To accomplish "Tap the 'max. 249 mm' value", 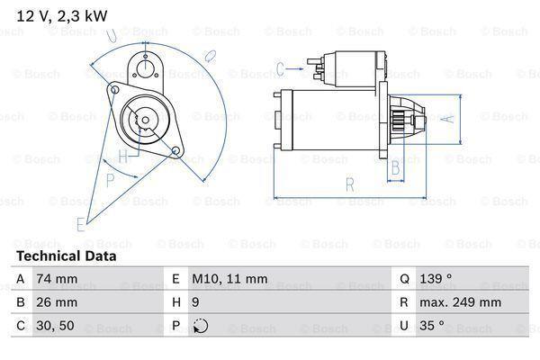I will click(x=460, y=302).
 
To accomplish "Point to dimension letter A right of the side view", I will click(x=450, y=118).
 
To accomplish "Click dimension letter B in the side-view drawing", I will click(x=393, y=170).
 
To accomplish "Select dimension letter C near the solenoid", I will click(x=281, y=67).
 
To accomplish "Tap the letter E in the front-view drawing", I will click(x=81, y=222).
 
